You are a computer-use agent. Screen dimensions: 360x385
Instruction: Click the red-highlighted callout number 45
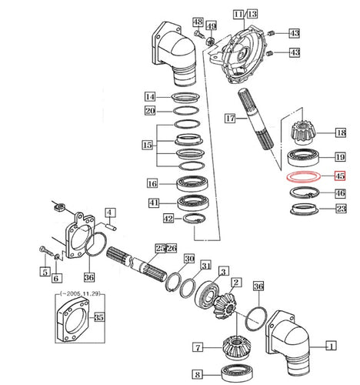tap(340, 176)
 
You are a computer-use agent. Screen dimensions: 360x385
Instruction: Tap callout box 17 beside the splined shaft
tap(230, 119)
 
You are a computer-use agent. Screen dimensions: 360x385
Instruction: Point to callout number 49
tap(212, 26)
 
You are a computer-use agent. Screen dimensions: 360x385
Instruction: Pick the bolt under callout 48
tap(199, 34)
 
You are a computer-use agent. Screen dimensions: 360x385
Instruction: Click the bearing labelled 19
tap(303, 156)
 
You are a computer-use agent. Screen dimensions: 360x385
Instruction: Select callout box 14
tap(150, 97)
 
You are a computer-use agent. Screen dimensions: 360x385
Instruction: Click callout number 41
tap(154, 203)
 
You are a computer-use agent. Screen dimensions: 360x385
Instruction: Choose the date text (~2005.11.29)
tap(80, 293)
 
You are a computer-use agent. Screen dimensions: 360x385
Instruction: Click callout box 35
tap(99, 317)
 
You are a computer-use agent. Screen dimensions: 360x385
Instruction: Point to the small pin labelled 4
tap(112, 226)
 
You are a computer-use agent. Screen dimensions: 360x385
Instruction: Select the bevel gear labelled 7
tap(236, 347)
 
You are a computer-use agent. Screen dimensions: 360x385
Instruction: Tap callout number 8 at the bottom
tap(198, 374)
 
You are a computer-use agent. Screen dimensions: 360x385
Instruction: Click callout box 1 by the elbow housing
tap(332, 346)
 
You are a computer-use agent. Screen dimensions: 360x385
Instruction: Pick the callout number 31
tap(206, 266)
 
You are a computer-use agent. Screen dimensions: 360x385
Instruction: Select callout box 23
tap(341, 209)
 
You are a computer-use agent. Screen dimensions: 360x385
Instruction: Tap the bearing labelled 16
tap(192, 183)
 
